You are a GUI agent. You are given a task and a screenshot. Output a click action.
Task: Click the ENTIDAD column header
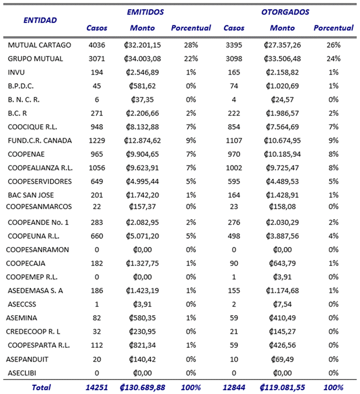coord(40,20)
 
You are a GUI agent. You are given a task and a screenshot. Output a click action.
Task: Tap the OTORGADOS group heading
coord(285,11)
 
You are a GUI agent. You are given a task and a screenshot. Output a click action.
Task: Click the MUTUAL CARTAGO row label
coord(39,45)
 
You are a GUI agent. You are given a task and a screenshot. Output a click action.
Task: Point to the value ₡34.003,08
coord(142,59)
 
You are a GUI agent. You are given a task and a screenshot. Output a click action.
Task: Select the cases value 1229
coord(97,141)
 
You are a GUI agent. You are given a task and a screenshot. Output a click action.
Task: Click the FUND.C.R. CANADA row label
coord(40,141)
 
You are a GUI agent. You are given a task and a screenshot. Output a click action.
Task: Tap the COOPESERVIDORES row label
coord(40,181)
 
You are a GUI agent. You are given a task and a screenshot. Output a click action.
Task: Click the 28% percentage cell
coord(191,45)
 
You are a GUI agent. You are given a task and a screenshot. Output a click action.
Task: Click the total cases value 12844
coord(234,386)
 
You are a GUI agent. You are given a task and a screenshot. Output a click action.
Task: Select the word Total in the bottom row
coord(41,386)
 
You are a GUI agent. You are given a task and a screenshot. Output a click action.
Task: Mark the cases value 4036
coord(97,45)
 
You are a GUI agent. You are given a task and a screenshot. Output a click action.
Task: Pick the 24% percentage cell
coord(333,59)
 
